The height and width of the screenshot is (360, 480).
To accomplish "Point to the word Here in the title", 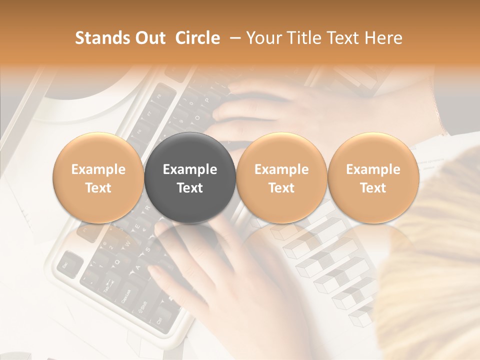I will pyautogui.click(x=383, y=38).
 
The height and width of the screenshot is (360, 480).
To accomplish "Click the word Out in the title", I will pyautogui.click(x=148, y=38).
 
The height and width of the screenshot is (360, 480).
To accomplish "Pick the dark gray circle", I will pyautogui.click(x=190, y=178).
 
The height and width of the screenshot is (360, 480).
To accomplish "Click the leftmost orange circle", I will pyautogui.click(x=98, y=178).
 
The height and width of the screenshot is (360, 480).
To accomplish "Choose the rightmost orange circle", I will pyautogui.click(x=373, y=178).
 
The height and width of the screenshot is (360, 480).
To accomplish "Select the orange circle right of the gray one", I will pyautogui.click(x=281, y=178).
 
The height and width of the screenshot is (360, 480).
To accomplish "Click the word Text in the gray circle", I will pyautogui.click(x=190, y=188).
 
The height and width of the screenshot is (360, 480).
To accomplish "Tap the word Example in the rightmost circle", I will pyautogui.click(x=373, y=169).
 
